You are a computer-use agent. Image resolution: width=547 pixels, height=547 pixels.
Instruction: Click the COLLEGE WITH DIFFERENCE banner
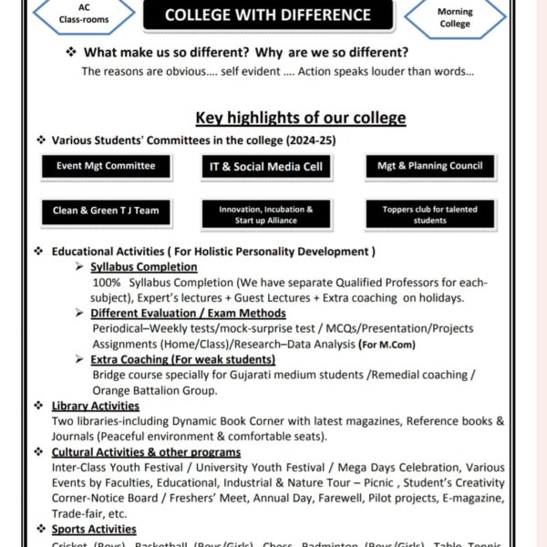[268, 15]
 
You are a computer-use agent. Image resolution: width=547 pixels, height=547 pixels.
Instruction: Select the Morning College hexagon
[455, 16]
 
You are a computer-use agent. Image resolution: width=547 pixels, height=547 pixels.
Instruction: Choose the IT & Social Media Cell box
[265, 167]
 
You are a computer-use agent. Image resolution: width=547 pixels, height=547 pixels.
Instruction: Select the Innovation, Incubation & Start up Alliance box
[265, 214]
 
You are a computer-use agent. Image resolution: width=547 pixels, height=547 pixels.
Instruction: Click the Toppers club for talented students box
[429, 214]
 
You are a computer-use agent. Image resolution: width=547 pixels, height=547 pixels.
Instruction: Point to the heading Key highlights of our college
[301, 118]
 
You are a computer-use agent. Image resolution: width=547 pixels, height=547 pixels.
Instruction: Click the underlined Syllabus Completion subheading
[144, 267]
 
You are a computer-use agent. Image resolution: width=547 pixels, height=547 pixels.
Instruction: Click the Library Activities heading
[96, 406]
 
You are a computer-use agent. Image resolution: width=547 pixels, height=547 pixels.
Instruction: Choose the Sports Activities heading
[94, 529]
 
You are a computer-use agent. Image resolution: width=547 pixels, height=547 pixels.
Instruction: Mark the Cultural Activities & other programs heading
[146, 452]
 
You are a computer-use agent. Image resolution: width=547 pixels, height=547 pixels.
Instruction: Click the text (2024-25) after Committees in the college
[313, 141]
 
